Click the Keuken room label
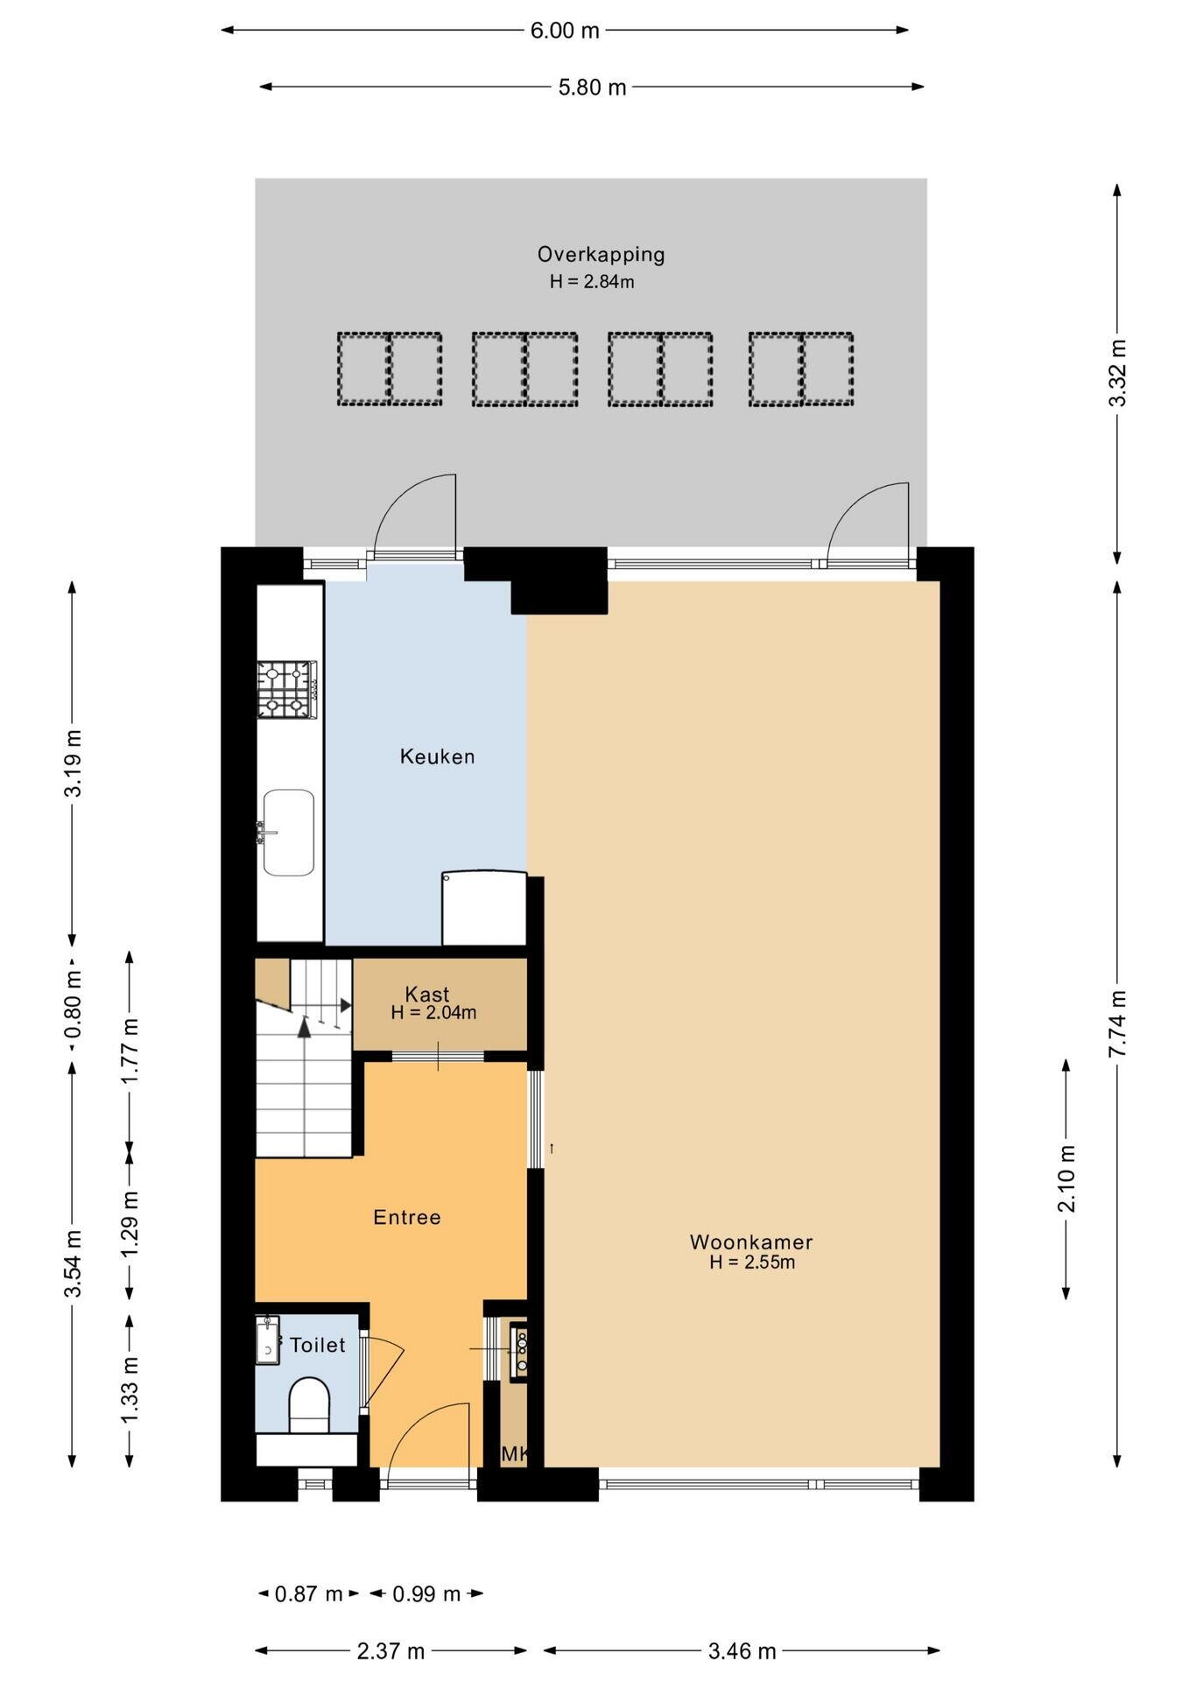point(437,756)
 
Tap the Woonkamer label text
point(751,1241)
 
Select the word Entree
point(407,1217)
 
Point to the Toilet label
point(318,1345)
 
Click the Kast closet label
point(427,995)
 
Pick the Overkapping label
point(602,255)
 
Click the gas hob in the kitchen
point(287,689)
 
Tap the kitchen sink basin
point(288,833)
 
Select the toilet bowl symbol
point(308,1405)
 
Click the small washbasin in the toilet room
point(267,1340)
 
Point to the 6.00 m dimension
point(565,31)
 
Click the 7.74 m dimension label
point(1117,1023)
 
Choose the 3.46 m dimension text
point(742,1651)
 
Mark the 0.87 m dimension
point(308,1594)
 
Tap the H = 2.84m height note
point(592,282)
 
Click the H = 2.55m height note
point(752,1263)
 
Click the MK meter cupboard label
point(514,1454)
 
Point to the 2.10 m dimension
point(1066,1178)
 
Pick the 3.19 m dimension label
point(74,763)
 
